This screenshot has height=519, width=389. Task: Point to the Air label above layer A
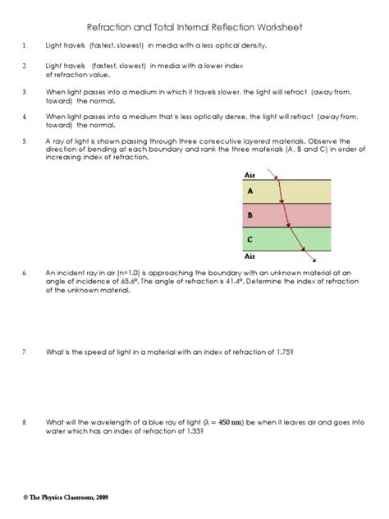click(251, 175)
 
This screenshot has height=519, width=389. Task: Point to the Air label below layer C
click(251, 256)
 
